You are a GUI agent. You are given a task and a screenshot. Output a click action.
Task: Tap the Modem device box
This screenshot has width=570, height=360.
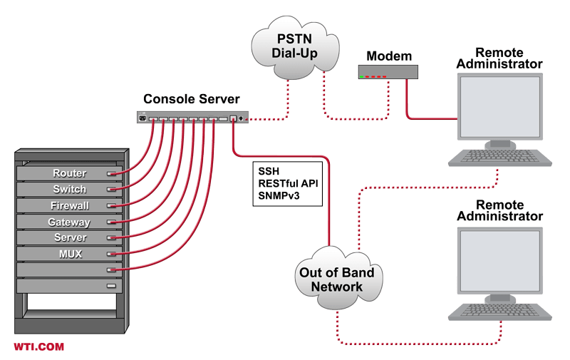pos(388,72)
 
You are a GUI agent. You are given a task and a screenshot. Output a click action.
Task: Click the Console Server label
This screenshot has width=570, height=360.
pos(192,98)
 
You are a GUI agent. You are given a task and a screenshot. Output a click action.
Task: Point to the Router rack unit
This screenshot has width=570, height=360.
pos(69,173)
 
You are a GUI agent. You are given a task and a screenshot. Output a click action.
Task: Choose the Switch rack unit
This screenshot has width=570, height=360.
pos(69,190)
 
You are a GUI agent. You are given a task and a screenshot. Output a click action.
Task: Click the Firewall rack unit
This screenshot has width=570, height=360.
pos(69,206)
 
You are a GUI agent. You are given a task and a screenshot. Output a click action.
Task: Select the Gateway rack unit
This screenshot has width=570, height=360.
pos(69,222)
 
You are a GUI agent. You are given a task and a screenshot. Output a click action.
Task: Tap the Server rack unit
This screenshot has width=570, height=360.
pos(69,238)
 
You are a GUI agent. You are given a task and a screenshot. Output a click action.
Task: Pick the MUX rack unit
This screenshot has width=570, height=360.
pos(69,254)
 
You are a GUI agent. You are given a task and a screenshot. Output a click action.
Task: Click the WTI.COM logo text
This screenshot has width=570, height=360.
pos(39,346)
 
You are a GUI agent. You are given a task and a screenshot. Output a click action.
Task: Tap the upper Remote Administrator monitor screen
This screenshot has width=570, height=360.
pos(499,107)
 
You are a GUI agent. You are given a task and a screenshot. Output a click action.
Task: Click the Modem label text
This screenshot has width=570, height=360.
pos(388,56)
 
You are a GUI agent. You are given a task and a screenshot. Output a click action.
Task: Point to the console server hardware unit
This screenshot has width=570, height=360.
pos(192,117)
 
